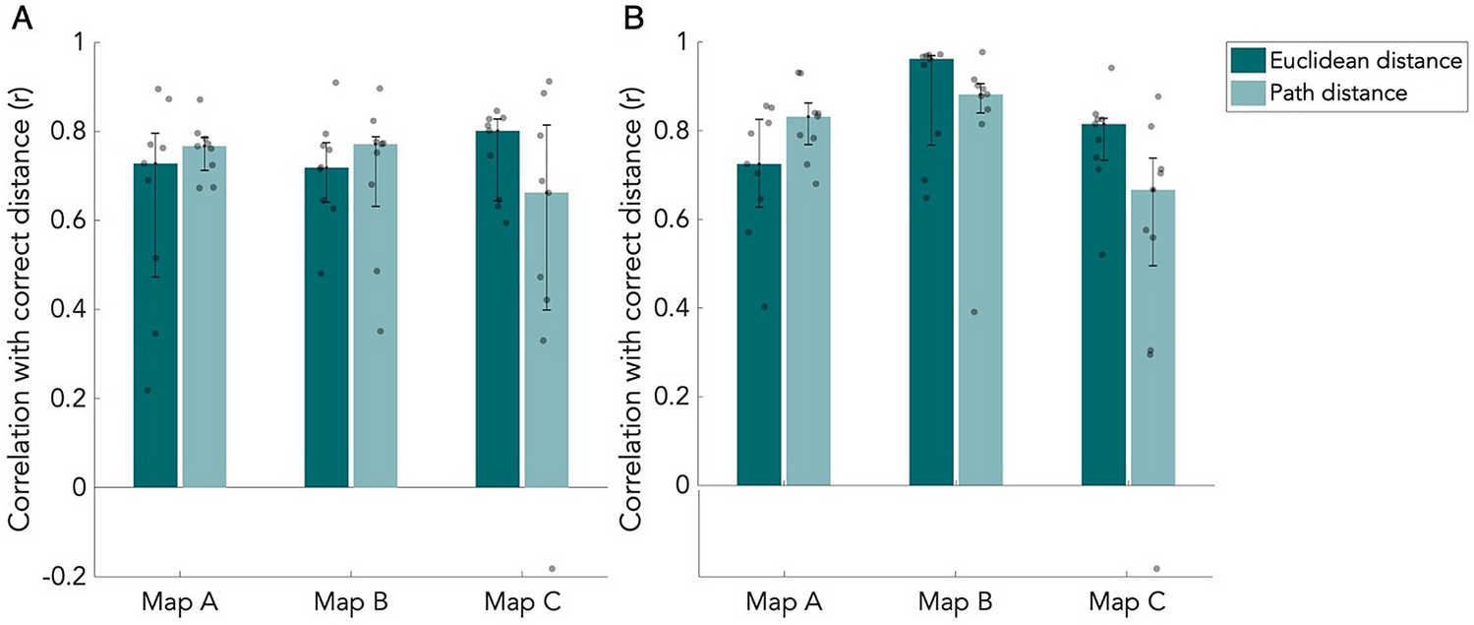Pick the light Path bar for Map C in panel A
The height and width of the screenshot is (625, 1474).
[x=547, y=344]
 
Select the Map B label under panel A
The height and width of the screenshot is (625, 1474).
[x=349, y=601]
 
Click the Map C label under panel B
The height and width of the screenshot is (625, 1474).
[x=1128, y=601]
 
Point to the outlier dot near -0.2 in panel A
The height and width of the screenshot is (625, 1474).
[x=552, y=569]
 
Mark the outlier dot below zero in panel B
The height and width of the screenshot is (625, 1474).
[x=1156, y=569]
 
